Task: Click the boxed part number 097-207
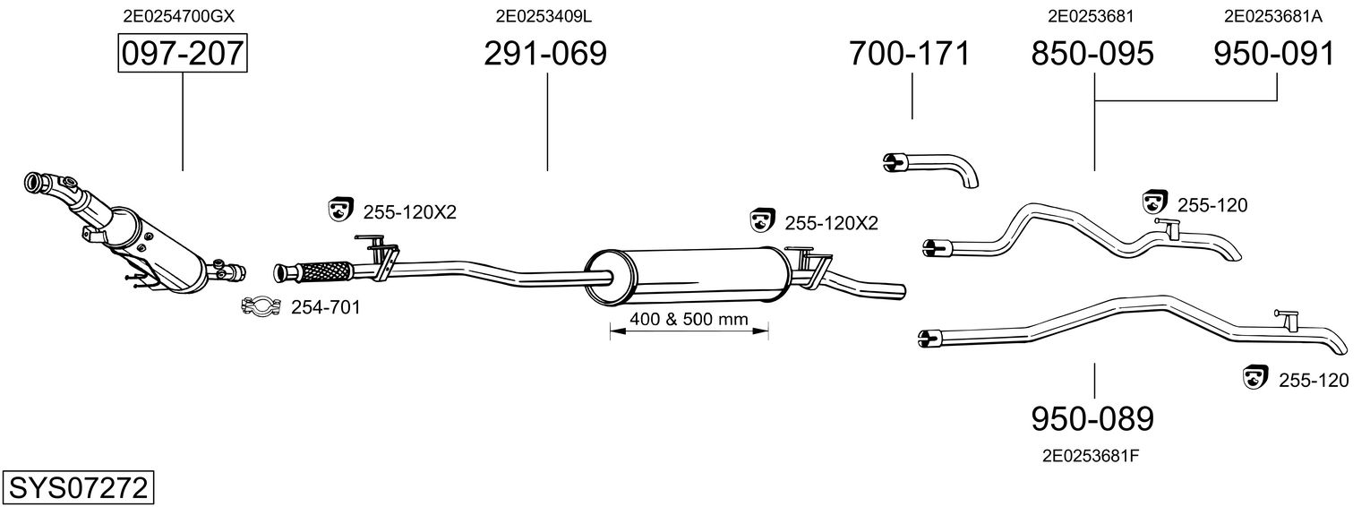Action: coord(183,53)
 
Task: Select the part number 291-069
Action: coord(545,54)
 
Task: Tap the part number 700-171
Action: coord(909,54)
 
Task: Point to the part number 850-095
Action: coord(1092,54)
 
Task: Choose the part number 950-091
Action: coord(1274,54)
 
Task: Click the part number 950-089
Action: coord(1092,419)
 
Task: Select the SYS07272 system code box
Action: coord(78,488)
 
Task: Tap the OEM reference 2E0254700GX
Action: coord(178,16)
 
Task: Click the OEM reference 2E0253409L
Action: coord(544,16)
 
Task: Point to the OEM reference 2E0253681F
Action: coord(1091,456)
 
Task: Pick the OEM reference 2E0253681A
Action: coord(1272,16)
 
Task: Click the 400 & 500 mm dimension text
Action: coord(689,319)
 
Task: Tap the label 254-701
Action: coord(325,307)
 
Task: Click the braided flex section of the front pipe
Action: coord(325,271)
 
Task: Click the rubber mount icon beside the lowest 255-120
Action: coord(1256,377)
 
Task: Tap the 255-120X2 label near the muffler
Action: coord(831,223)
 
